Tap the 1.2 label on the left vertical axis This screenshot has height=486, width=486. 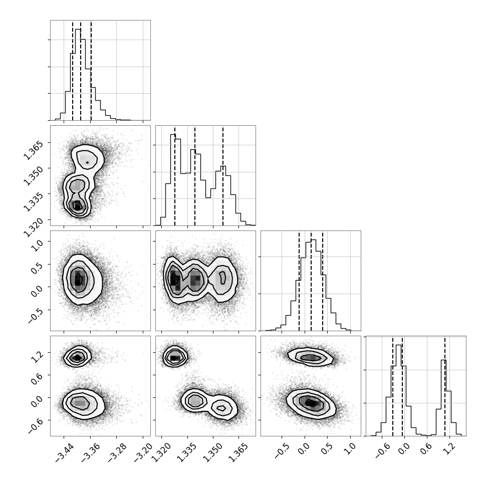(37, 355)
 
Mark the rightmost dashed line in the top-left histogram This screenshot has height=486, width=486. (91, 70)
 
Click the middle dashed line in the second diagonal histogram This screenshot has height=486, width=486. (194, 175)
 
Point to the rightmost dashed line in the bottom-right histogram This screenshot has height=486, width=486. (444, 386)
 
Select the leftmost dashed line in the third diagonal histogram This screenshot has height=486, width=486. (299, 281)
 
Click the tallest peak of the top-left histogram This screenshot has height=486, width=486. (78, 29)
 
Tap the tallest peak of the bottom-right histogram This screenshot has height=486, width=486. (399, 345)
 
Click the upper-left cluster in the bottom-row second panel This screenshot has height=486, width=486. (175, 357)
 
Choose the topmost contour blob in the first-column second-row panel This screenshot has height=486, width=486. (87, 157)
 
